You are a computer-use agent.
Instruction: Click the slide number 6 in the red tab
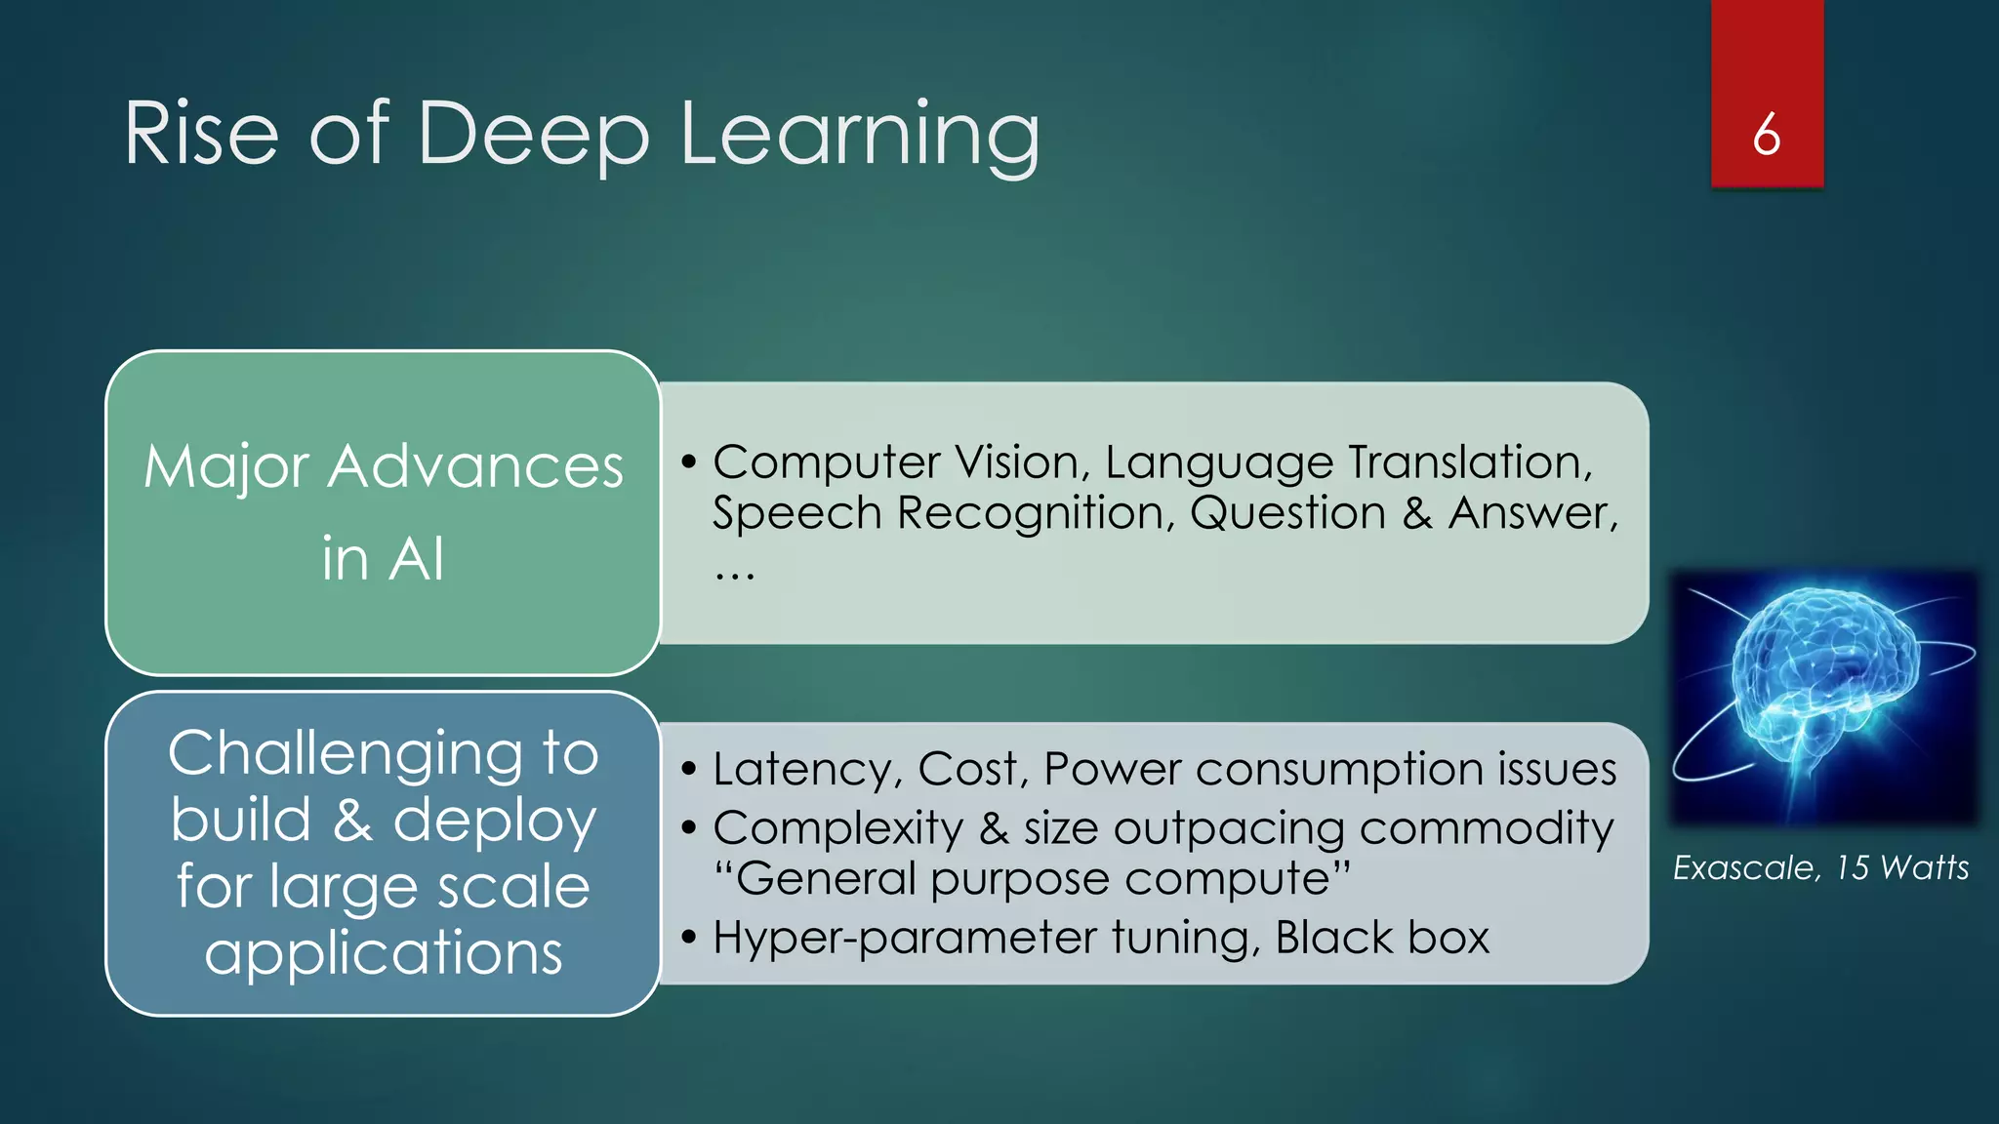click(x=1766, y=135)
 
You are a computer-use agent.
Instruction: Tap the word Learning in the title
click(x=860, y=137)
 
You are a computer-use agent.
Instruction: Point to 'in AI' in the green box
click(x=383, y=559)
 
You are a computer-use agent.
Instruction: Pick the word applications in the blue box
click(x=384, y=952)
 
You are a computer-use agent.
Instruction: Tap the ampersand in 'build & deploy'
click(x=352, y=821)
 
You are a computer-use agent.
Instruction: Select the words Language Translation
click(x=1347, y=462)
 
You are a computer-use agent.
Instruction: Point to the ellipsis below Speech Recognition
click(x=734, y=574)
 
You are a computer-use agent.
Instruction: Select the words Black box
click(x=1381, y=939)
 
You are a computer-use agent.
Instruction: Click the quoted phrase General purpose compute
click(x=1032, y=878)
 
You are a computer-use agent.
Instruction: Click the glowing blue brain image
click(x=1823, y=697)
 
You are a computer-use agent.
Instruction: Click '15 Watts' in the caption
click(x=1901, y=867)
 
